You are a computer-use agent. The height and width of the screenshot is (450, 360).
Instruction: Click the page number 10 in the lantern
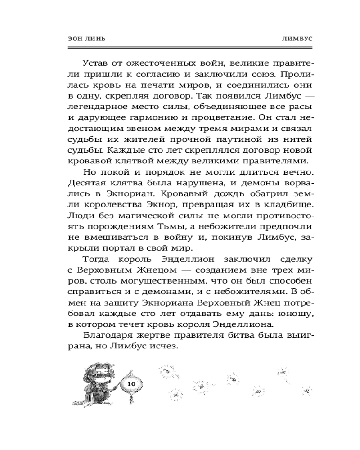[x=131, y=383]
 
